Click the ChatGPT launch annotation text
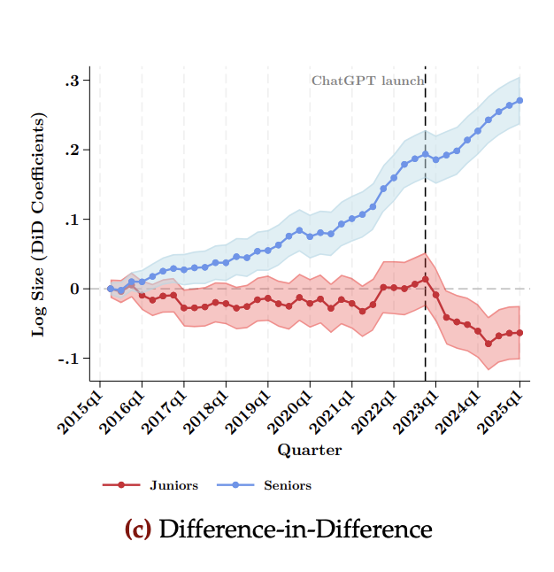367,81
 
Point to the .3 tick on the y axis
73,81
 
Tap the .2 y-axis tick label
73,150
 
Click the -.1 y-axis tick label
70,358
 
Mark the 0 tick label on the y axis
76,289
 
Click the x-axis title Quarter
310,450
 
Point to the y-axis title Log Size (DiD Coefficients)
38,224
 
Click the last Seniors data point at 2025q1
519,100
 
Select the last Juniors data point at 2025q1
519,333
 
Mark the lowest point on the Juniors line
488,344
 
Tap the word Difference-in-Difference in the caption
296,529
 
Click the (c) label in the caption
139,529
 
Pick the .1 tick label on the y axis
73,220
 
